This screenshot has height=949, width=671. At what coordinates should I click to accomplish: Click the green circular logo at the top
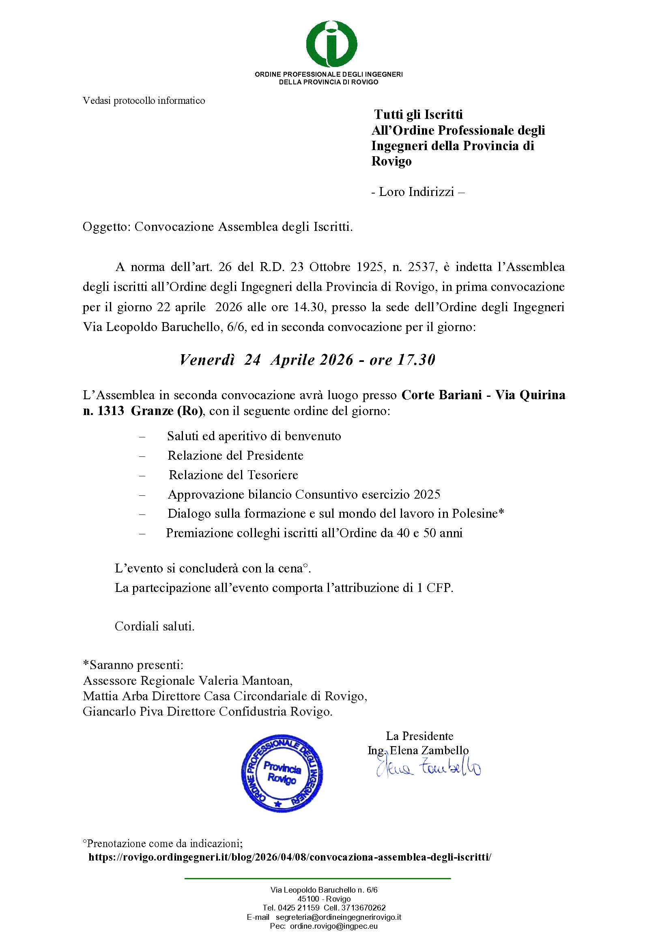click(331, 44)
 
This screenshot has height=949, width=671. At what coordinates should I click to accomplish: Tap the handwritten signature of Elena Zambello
click(428, 768)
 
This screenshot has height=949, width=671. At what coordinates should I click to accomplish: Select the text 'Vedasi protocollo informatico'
click(144, 101)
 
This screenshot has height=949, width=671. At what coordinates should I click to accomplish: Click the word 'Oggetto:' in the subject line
click(107, 226)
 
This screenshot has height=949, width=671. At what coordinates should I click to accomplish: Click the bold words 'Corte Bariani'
click(441, 395)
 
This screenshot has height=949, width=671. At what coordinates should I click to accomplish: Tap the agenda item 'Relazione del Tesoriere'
click(233, 475)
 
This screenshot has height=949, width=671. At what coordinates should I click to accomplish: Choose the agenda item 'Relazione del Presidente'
click(235, 456)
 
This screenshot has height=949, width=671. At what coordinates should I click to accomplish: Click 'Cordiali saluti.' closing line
click(155, 626)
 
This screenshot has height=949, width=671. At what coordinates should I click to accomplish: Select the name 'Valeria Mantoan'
click(245, 680)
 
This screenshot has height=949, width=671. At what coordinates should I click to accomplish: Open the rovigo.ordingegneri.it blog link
click(290, 857)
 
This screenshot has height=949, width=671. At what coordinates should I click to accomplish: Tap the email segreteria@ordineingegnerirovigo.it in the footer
click(338, 917)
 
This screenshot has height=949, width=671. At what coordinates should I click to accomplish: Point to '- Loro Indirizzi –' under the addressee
click(418, 192)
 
